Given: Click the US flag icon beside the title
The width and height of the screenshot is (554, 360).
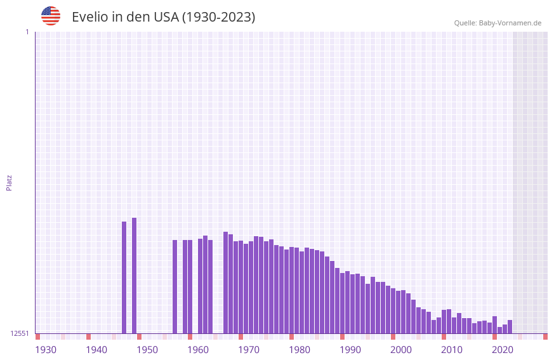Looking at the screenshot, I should pyautogui.click(x=51, y=16).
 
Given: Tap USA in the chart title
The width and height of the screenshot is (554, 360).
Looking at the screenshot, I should pyautogui.click(x=166, y=17).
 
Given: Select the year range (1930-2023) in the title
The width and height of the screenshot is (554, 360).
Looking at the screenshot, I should pyautogui.click(x=218, y=17).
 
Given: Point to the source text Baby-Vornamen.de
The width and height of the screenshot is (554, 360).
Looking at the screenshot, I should pyautogui.click(x=510, y=23).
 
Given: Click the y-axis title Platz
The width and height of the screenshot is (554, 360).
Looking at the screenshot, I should pyautogui.click(x=9, y=182).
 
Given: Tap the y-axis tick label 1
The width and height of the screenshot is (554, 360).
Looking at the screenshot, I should pyautogui.click(x=27, y=32).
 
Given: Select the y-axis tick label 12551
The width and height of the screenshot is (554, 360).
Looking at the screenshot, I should pyautogui.click(x=20, y=333).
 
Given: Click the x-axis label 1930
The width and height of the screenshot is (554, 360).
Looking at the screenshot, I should pyautogui.click(x=46, y=350).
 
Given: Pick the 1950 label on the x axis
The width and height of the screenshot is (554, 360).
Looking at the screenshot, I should pyautogui.click(x=147, y=350).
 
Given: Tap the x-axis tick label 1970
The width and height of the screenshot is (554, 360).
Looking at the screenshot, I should pyautogui.click(x=249, y=350).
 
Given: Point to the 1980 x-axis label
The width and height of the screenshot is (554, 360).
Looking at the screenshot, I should pyautogui.click(x=300, y=350).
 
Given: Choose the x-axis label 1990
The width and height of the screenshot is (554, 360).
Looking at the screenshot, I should pyautogui.click(x=350, y=350).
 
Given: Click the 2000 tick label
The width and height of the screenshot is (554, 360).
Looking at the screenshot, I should pyautogui.click(x=401, y=350).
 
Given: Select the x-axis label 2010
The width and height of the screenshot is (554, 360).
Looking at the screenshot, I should pyautogui.click(x=452, y=350).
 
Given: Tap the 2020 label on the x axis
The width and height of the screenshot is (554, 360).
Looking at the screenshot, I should pyautogui.click(x=503, y=350).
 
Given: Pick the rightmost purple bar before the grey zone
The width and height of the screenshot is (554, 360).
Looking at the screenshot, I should pyautogui.click(x=510, y=326).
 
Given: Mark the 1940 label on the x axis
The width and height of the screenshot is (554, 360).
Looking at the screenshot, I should pyautogui.click(x=96, y=350).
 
